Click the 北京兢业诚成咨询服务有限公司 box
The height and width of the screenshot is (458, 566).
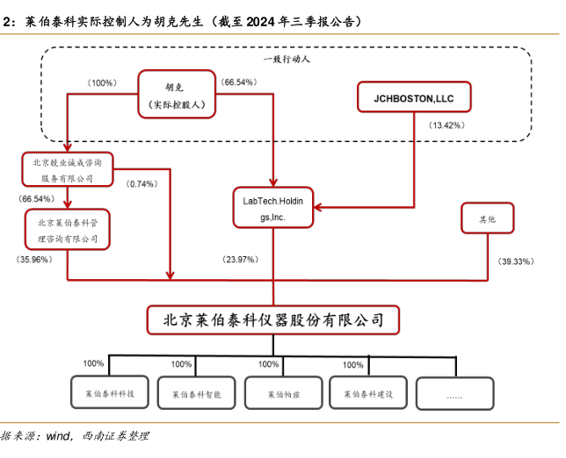(x=68, y=169)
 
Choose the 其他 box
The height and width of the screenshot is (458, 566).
(x=486, y=218)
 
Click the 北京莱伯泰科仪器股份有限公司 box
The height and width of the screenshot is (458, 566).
(x=273, y=318)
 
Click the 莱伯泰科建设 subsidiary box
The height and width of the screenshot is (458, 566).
(x=367, y=394)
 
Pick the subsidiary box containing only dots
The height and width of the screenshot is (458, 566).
(x=454, y=394)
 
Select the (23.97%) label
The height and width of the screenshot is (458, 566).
(x=241, y=260)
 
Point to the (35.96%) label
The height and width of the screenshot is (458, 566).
(x=34, y=260)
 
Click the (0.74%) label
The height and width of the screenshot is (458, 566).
(x=142, y=184)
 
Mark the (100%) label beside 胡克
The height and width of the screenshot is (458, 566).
(x=102, y=82)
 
